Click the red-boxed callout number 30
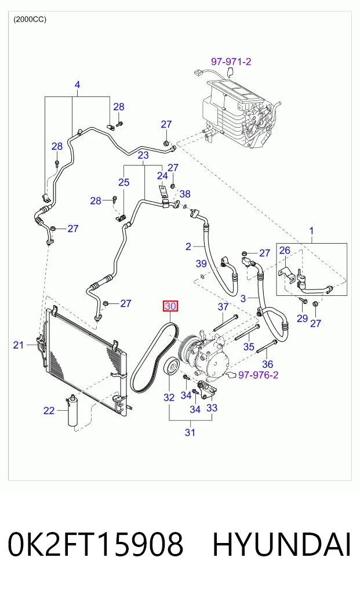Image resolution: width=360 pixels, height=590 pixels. tap(170, 306)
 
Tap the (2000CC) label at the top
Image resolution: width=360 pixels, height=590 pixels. tap(30, 19)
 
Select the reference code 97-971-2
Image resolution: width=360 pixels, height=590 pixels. tap(231, 61)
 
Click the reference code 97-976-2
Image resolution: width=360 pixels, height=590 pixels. tap(259, 375)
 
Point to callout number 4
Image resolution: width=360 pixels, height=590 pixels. tap(77, 84)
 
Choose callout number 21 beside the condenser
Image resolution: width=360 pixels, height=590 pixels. tap(19, 345)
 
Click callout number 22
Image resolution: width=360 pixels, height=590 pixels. tap(49, 410)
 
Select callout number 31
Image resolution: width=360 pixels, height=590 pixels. tap(190, 432)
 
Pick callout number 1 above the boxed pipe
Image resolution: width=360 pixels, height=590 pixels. tap(311, 230)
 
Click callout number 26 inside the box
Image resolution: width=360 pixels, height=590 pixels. tap(285, 250)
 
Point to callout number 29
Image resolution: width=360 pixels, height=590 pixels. tap(302, 318)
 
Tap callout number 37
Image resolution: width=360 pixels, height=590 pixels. tap(223, 307)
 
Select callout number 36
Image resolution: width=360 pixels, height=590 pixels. tap(267, 364)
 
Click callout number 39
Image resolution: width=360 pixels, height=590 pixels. tap(201, 263)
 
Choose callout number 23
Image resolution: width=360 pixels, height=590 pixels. tap(143, 155)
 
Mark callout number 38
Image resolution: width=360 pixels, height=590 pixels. tap(185, 194)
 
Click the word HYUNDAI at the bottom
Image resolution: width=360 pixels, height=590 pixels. tap(282, 544)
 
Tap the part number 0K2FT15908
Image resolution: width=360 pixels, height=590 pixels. tap(95, 544)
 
